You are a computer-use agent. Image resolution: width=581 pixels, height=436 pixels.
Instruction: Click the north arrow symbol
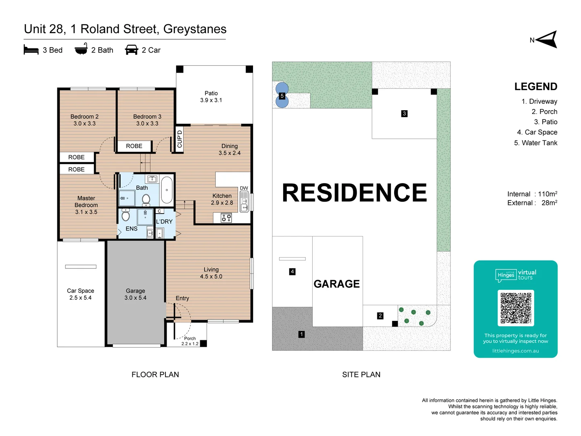pos(547,40)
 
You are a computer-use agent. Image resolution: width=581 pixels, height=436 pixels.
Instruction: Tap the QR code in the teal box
pos(516,308)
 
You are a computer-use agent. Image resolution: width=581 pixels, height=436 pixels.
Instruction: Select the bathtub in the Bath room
pos(167,190)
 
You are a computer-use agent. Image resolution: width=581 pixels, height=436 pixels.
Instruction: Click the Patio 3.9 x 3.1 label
pos(211,97)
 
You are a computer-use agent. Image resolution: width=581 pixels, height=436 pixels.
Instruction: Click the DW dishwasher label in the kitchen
pos(244,188)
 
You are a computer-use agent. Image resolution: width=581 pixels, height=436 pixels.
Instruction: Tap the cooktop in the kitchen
pos(226,218)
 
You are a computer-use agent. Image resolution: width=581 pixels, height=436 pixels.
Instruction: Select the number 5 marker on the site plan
pos(282,96)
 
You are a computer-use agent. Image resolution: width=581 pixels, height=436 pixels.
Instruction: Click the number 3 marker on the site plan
pos(404,113)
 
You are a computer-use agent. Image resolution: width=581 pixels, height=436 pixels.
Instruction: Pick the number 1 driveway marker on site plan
pos(301,334)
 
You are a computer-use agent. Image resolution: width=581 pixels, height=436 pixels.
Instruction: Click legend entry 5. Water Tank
pos(535,143)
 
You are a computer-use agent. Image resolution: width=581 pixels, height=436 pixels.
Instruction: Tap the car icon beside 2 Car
pos(132,50)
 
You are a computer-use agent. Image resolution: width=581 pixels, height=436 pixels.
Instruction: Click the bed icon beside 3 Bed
pos(31,50)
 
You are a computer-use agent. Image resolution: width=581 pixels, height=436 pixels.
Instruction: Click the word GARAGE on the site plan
pos(336,284)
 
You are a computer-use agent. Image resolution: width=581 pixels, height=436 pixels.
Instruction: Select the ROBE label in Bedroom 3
pos(134,146)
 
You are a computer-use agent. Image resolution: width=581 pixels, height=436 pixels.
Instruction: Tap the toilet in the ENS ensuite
pos(125,216)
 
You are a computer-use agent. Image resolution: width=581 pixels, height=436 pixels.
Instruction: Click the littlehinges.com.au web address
pos(515,351)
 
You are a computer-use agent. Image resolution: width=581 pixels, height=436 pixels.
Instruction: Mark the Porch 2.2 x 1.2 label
pos(190,341)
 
